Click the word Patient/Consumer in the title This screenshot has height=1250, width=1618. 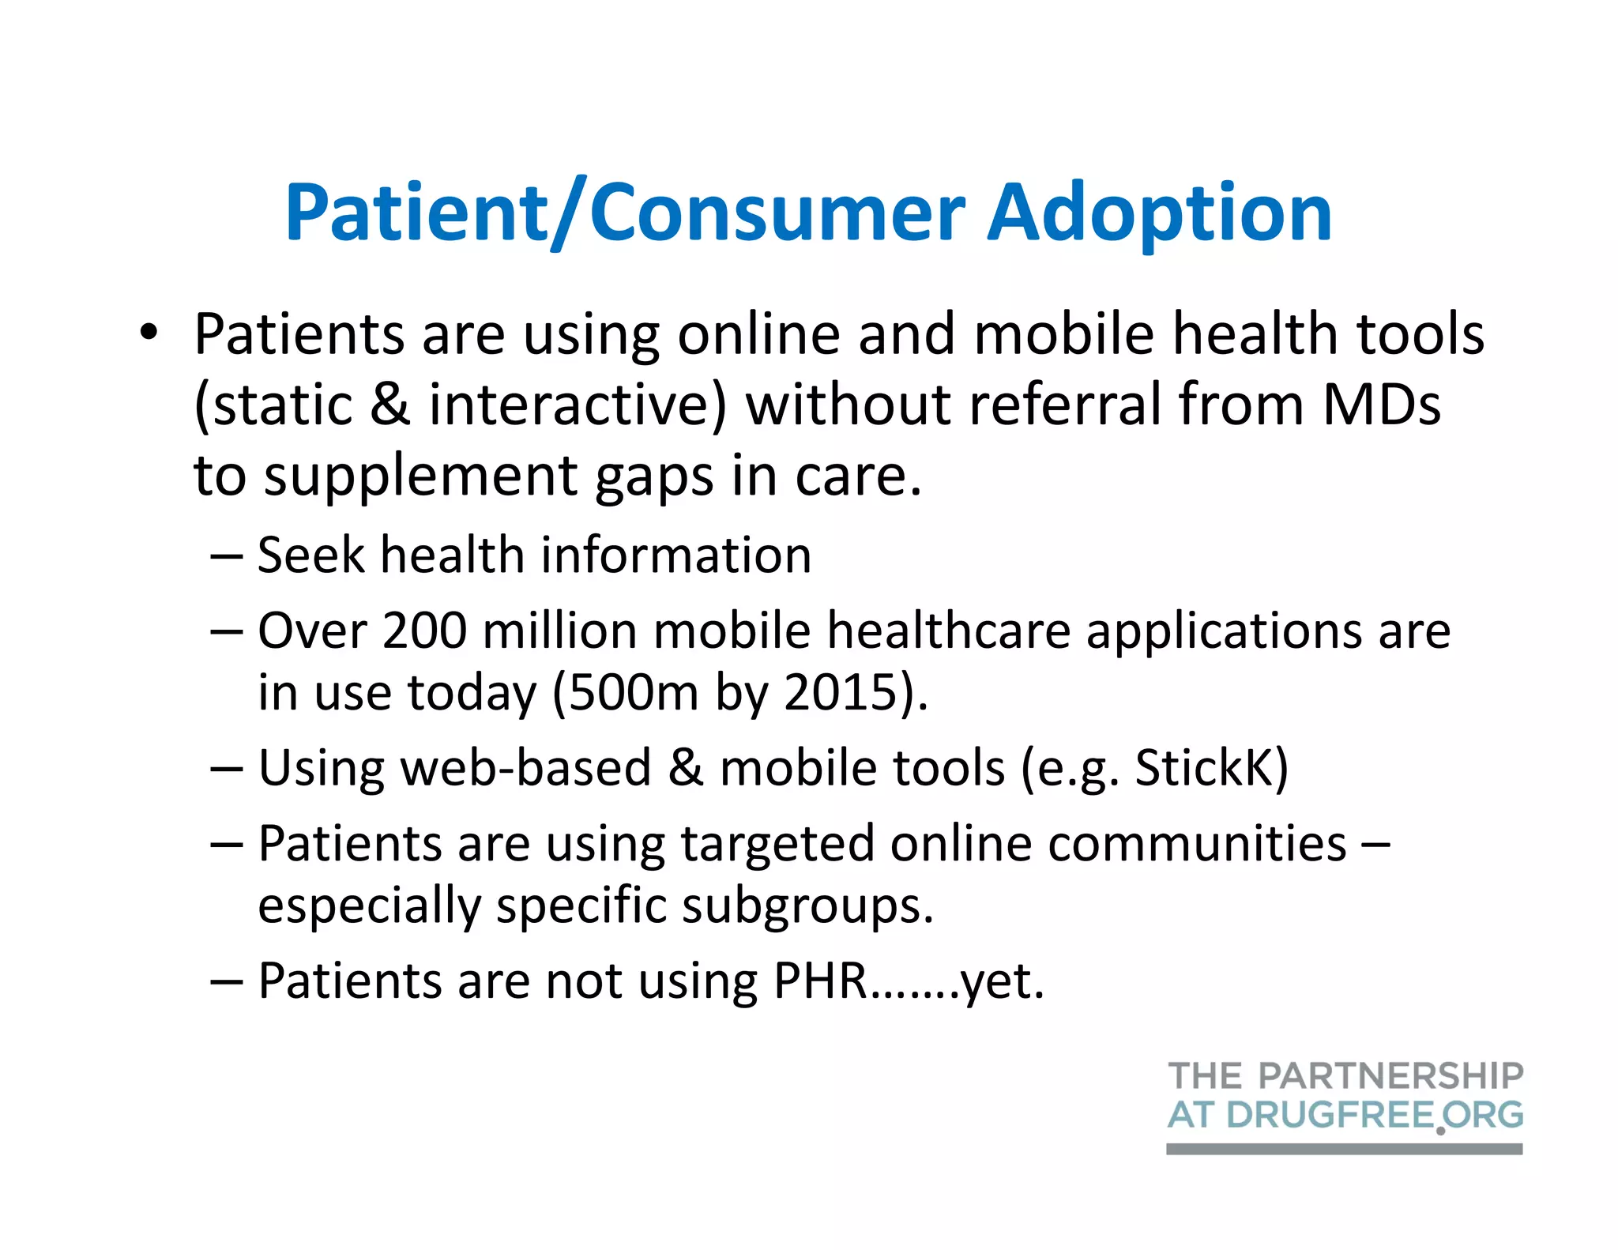(624, 213)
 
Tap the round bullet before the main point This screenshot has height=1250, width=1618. (149, 333)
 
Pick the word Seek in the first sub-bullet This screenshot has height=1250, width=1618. (311, 555)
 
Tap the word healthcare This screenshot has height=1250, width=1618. (948, 631)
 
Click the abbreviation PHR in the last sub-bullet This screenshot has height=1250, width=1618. (820, 981)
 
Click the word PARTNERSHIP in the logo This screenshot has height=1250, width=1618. (1390, 1076)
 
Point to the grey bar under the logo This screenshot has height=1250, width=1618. (1343, 1149)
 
